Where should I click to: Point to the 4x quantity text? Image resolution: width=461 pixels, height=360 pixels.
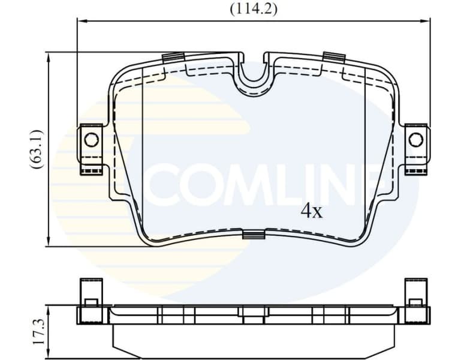(x=311, y=211)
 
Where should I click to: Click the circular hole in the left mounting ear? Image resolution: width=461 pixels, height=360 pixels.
(x=91, y=140)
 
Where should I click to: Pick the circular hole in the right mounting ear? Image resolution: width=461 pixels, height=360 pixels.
(x=415, y=140)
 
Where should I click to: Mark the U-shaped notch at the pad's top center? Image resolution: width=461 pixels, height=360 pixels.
(x=254, y=78)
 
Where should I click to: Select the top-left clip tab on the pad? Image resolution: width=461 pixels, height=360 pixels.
(x=173, y=58)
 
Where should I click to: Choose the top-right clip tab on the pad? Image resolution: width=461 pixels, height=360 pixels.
(x=333, y=57)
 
